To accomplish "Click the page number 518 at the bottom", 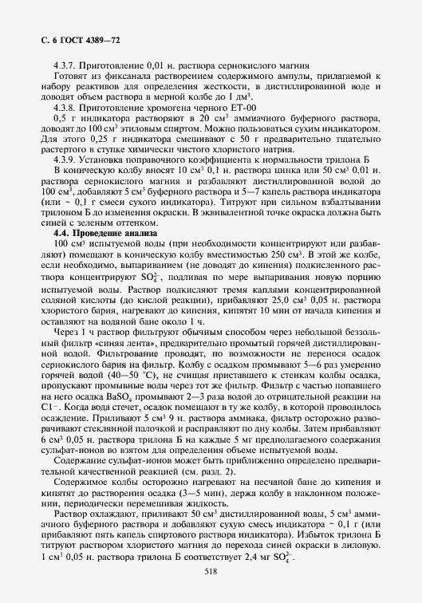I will pyautogui.click(x=211, y=572).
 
